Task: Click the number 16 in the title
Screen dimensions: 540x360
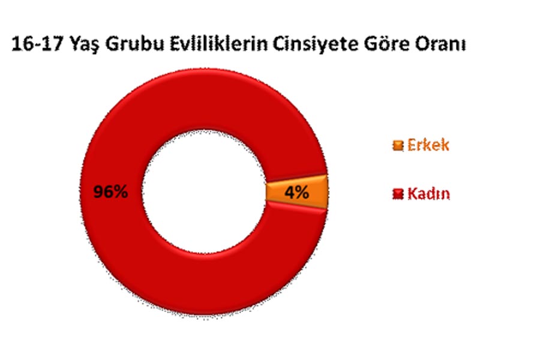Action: (x=22, y=44)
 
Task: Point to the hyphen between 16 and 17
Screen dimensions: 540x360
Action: (x=36, y=46)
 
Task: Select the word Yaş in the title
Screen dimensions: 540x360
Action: (x=83, y=46)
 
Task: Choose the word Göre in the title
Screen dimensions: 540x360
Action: (x=386, y=44)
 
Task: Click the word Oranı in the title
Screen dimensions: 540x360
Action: (x=441, y=44)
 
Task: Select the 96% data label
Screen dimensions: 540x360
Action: (x=110, y=192)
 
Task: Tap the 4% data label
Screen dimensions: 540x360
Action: (x=296, y=192)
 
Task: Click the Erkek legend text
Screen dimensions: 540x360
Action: (x=428, y=145)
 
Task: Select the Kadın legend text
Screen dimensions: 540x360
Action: (x=429, y=194)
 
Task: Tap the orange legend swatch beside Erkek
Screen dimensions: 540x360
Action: (x=398, y=145)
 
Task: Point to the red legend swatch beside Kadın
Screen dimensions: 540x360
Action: (x=398, y=194)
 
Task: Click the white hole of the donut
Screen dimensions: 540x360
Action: (x=204, y=192)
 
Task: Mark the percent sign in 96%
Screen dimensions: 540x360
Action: (x=120, y=192)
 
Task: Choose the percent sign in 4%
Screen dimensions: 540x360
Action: (x=301, y=192)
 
